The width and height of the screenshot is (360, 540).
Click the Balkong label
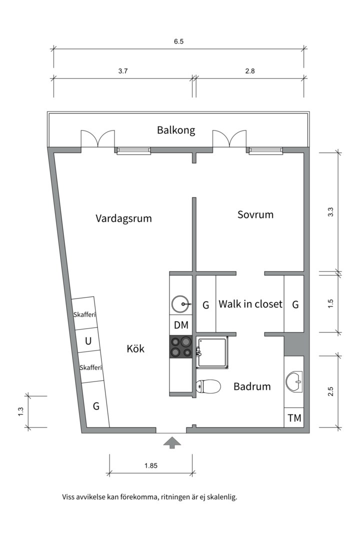176,130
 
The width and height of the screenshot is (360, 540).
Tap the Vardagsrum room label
123,218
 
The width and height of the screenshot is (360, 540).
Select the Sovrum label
255,214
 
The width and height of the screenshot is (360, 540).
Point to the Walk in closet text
250,304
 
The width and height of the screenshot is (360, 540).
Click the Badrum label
252,386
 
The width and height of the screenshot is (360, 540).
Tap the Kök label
135,349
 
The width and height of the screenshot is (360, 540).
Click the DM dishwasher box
181,325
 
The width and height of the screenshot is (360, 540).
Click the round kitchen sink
180,303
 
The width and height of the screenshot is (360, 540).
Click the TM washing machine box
294,418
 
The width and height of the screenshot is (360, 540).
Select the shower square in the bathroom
212,352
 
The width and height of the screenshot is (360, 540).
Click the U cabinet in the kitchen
88,342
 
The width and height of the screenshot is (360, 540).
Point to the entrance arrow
172,442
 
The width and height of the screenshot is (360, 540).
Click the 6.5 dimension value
178,42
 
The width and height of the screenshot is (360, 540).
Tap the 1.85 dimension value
151,465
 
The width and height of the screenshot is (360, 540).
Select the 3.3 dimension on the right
330,211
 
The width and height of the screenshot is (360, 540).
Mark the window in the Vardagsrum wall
133,150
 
